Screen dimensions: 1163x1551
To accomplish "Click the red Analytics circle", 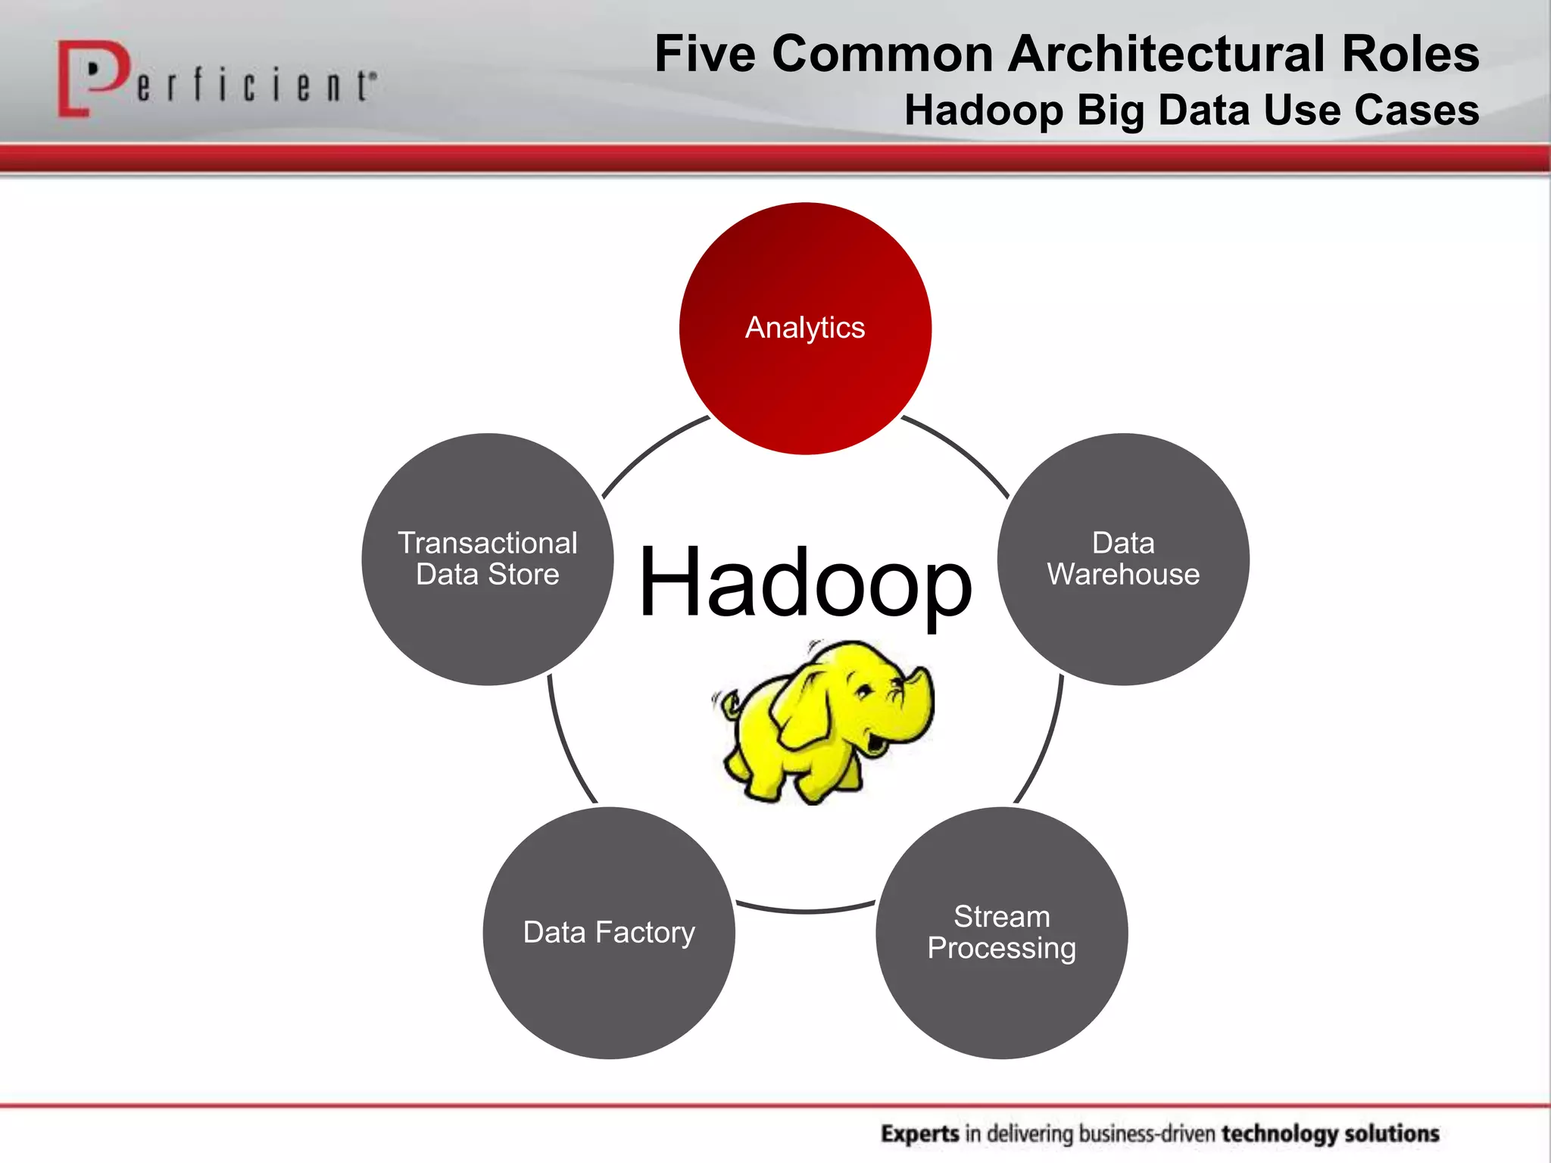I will pos(805,329).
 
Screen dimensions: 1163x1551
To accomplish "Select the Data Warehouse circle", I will pos(1123,559).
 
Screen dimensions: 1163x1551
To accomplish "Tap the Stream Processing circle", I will pos(1001,933).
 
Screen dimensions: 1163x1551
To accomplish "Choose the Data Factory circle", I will pos(609,933).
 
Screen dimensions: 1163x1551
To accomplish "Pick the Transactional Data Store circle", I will pos(488,559).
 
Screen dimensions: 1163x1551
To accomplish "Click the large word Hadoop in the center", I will pos(805,583).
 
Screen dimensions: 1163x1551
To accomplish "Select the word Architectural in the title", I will pos(1167,55).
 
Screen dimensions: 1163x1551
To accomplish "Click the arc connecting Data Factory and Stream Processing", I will pos(805,911).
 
